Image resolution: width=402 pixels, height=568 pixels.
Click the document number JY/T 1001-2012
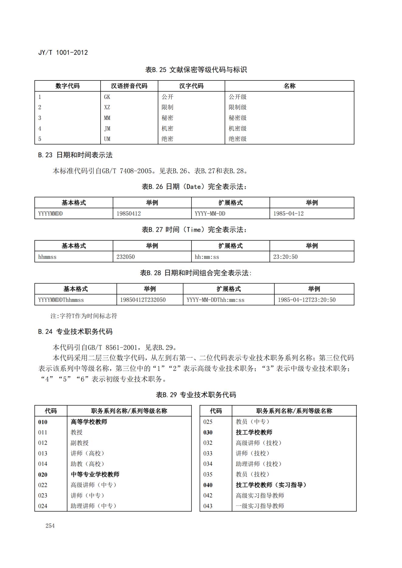63,53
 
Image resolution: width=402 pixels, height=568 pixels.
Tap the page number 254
50,526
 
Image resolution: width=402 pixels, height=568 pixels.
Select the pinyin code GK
107,97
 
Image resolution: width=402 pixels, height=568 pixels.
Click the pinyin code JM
107,128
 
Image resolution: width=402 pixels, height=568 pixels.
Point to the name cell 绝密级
238,139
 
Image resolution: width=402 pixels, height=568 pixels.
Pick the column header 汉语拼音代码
129,86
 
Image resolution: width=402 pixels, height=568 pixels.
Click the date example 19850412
129,213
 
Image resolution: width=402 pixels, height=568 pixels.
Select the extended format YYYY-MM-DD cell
210,213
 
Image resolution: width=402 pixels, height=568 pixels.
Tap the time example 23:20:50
285,257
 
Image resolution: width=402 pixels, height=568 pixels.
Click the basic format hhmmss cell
47,257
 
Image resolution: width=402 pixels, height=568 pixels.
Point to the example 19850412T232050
143,300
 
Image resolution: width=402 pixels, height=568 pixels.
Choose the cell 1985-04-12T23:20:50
307,300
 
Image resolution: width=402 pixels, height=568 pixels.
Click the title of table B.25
196,70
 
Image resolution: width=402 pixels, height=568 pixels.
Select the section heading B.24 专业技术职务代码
75,332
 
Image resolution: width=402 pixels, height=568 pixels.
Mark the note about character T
84,316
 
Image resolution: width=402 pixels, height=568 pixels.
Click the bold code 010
43,422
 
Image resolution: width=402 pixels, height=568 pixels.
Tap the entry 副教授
80,443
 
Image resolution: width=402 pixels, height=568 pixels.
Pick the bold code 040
208,485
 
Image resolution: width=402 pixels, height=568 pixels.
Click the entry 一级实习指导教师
260,506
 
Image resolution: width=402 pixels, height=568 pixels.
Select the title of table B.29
196,395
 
